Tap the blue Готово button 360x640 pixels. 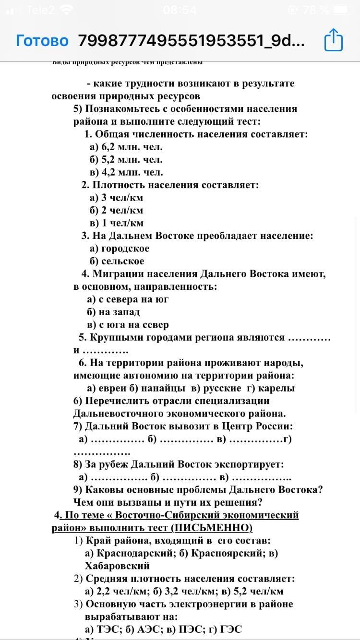[x=42, y=40]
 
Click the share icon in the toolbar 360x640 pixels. [x=334, y=40]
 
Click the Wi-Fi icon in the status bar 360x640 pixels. [x=66, y=10]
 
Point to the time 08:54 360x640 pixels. [x=180, y=10]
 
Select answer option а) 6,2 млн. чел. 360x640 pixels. [x=126, y=147]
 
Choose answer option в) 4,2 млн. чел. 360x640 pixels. [x=126, y=172]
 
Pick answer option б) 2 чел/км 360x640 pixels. [x=117, y=210]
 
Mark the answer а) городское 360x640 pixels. [x=120, y=248]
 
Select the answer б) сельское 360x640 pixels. [x=117, y=261]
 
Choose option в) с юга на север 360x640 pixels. [x=128, y=324]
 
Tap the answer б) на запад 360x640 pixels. [x=113, y=312]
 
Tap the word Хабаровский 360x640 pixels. [x=117, y=566]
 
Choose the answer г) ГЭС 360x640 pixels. [x=223, y=629]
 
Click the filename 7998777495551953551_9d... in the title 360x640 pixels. [x=191, y=40]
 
